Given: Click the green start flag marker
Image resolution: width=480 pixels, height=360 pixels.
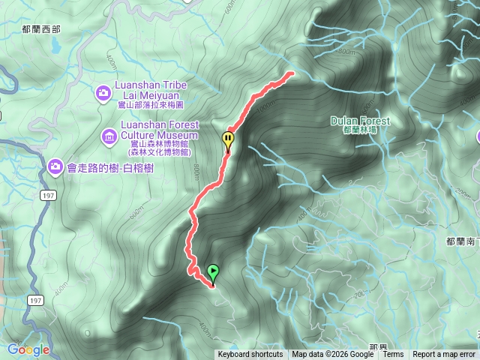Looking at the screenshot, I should point(214,273).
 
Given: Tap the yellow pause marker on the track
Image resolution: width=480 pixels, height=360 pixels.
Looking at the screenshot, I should point(228,139).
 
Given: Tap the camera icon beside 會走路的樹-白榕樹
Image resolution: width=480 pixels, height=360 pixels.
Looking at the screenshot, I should point(55,165).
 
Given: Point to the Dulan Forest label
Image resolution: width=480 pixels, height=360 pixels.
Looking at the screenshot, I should point(359,120).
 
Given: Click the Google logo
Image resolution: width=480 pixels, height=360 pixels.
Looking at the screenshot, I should point(28,349).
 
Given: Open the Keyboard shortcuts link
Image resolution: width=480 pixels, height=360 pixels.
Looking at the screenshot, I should point(250,355).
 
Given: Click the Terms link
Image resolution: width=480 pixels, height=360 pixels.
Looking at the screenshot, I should point(393,355).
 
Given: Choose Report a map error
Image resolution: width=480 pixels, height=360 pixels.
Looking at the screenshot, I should point(444,355).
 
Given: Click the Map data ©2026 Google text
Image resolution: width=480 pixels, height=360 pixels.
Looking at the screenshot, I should point(334,355).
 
